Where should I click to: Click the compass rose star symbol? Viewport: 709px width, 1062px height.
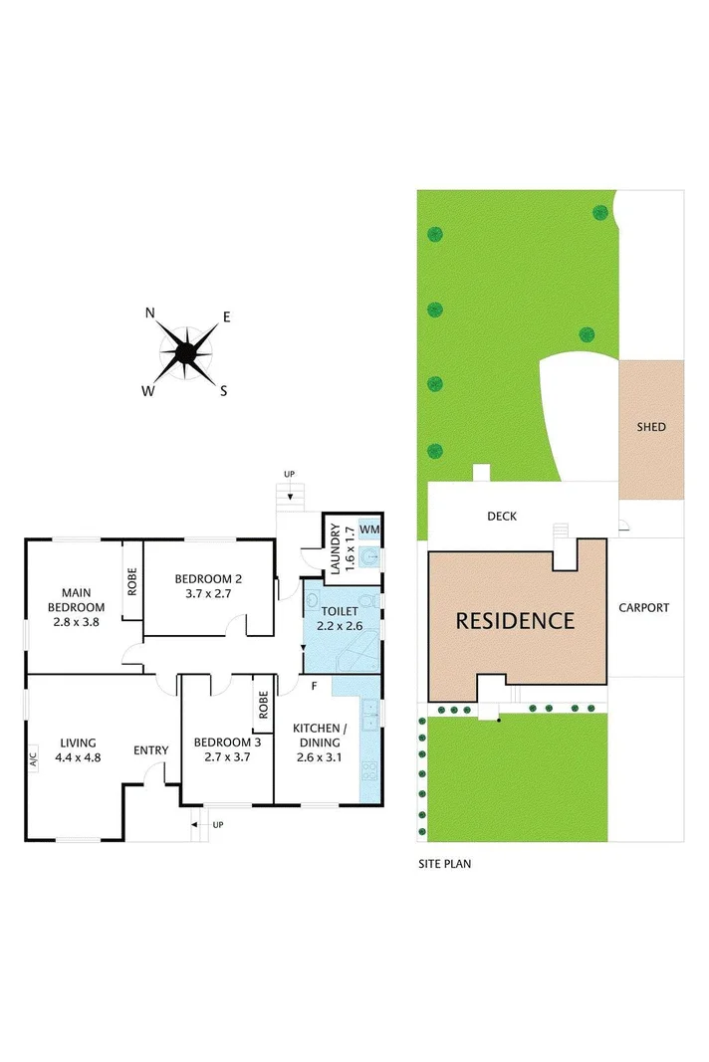186,352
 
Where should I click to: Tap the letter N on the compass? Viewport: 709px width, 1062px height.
150,313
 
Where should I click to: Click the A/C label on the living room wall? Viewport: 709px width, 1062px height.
32,759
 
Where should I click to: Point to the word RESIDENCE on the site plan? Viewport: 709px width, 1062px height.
515,621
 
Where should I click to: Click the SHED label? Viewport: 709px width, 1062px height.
651,427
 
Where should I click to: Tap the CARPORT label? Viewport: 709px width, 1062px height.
643,607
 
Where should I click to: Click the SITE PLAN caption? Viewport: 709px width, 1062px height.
444,864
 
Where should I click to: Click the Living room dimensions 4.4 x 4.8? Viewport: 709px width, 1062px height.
78,757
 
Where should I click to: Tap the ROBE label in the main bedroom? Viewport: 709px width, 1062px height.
131,580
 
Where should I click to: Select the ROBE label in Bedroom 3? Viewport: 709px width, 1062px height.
264,705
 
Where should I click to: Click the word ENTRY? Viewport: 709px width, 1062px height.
151,750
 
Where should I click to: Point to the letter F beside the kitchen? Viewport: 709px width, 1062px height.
314,686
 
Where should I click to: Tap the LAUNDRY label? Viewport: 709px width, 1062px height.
335,549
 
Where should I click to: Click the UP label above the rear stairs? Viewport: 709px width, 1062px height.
289,474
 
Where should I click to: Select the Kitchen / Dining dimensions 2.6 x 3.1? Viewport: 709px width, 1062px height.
318,757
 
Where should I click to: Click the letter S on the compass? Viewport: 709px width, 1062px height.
224,391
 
